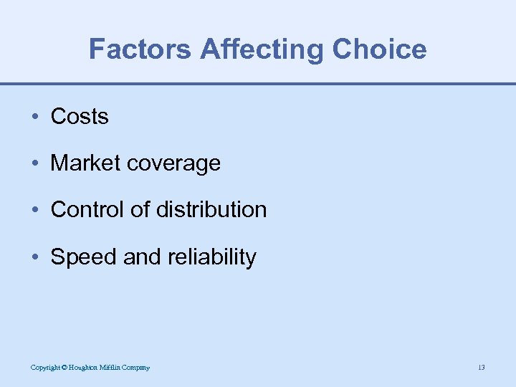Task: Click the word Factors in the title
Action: (140, 49)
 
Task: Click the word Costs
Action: (80, 117)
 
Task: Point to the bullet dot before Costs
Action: (35, 118)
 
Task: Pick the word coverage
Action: (176, 164)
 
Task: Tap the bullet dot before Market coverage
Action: (35, 164)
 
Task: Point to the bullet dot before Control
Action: (35, 211)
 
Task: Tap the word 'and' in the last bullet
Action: (143, 257)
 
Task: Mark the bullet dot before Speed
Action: (35, 257)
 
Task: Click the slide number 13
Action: (481, 368)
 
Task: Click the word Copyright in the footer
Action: (44, 368)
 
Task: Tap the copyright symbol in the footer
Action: (64, 368)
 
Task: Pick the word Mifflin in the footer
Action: (113, 368)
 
